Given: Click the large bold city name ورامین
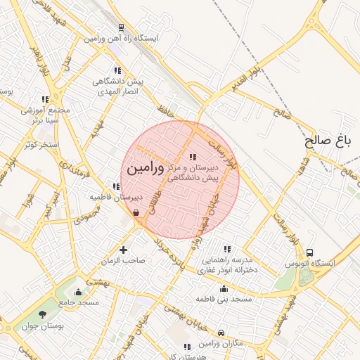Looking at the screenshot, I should point(145,169).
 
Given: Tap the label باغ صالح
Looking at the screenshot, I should point(328,141).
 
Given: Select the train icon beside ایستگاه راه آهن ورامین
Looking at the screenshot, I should point(121,27).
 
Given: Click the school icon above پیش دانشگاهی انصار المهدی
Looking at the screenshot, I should point(117,70).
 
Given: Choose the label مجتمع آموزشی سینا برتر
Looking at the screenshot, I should point(47,115).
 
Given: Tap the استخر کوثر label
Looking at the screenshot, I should point(41,144).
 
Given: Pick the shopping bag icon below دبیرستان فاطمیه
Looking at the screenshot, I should point(135,212).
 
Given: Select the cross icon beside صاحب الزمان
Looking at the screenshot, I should point(124,250).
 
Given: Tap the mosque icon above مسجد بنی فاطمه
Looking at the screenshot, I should point(224,288).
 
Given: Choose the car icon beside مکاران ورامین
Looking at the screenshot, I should point(221,333).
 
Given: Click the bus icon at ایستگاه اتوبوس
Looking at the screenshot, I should point(310,253).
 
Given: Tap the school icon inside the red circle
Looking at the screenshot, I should point(193,157).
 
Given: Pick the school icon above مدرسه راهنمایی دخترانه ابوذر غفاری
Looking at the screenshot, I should point(226,249).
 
